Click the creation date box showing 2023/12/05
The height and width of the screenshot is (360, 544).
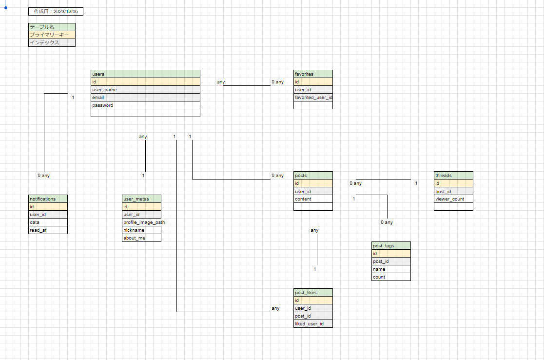(x=56, y=11)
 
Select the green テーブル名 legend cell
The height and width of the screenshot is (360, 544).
(x=52, y=27)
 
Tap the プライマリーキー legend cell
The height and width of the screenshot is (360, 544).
(x=52, y=35)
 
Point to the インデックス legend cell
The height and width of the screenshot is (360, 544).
(x=52, y=42)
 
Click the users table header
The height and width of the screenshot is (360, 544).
(x=145, y=74)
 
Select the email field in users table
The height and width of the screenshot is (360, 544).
(x=145, y=98)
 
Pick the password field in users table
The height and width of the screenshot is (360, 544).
(x=145, y=105)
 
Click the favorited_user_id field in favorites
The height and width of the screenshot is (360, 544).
(x=313, y=98)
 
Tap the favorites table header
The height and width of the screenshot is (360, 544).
(x=313, y=74)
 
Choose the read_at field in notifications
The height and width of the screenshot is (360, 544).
(x=48, y=230)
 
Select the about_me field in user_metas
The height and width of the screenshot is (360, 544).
(x=141, y=238)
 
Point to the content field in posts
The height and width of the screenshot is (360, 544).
(x=313, y=199)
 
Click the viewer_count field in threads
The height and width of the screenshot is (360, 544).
(x=453, y=199)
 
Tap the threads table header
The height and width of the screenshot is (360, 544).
(x=453, y=175)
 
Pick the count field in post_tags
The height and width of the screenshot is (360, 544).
(x=391, y=277)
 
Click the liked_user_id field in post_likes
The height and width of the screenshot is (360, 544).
(x=313, y=324)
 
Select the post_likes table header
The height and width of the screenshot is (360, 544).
(x=313, y=293)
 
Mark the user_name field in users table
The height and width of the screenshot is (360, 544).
(x=145, y=90)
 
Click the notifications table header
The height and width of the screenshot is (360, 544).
(x=48, y=199)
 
